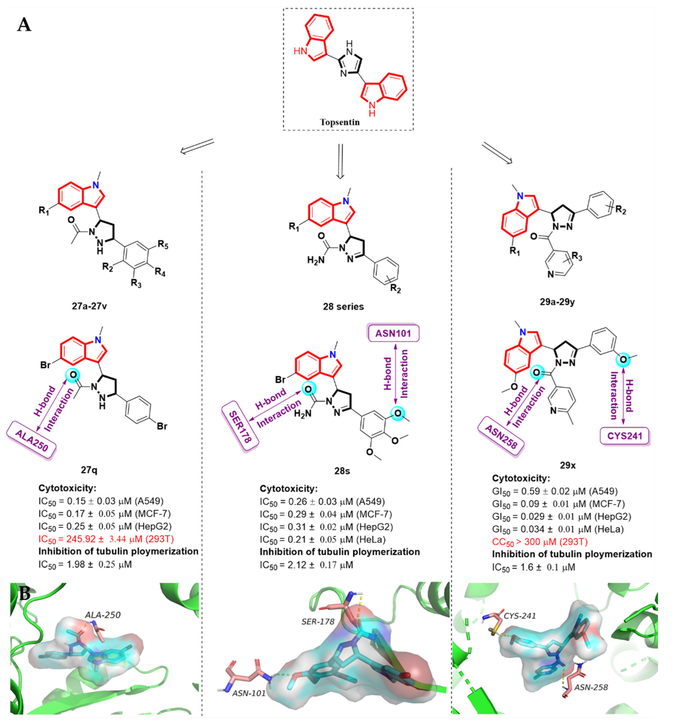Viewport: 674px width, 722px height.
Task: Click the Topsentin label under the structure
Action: coord(340,122)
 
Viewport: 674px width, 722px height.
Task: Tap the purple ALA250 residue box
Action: coord(32,441)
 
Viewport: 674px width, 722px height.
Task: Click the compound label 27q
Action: coord(89,470)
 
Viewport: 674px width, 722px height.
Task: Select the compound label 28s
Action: coord(342,471)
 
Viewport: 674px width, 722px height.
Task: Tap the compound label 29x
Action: coord(568,465)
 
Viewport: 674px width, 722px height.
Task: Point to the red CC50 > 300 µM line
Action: coord(540,542)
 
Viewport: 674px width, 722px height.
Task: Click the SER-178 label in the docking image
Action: coord(318,621)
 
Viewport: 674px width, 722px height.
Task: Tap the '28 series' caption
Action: coord(343,307)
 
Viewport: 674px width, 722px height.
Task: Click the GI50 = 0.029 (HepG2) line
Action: coord(561,516)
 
